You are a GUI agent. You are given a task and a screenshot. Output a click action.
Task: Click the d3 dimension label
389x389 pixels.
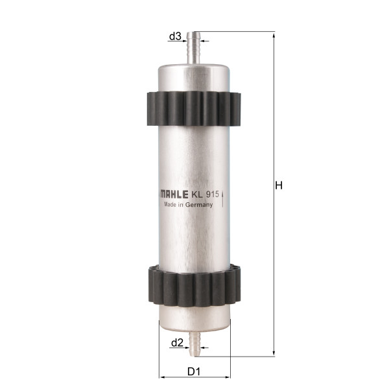click(x=176, y=36)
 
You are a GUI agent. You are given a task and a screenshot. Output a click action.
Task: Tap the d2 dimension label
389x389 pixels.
click(x=178, y=343)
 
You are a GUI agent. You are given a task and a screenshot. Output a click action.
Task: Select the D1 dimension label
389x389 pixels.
click(x=194, y=371)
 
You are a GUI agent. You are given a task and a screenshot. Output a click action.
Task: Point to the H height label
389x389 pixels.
click(x=279, y=185)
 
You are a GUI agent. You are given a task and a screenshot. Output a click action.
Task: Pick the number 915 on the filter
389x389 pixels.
click(x=213, y=194)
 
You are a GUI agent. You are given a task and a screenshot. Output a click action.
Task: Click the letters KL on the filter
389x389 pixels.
click(x=196, y=194)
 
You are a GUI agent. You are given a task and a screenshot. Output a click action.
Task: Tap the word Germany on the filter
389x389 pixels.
click(x=199, y=205)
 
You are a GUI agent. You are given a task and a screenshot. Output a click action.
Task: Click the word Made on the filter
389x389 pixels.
click(x=170, y=204)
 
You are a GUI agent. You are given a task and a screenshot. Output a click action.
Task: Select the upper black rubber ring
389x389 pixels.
click(x=194, y=109)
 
